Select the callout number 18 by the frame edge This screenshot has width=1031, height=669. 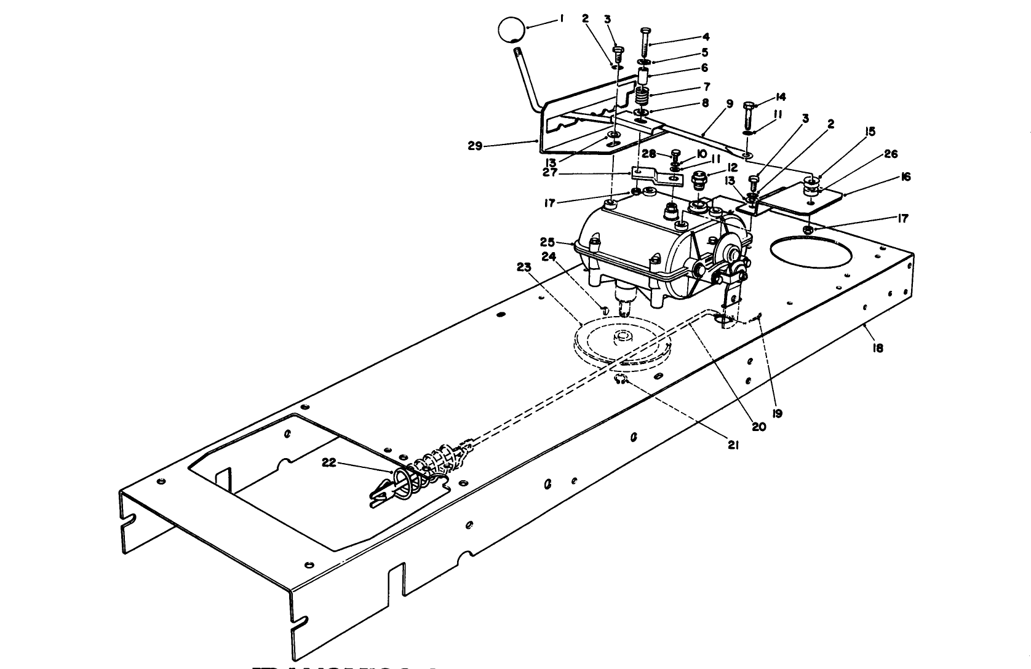pyautogui.click(x=878, y=348)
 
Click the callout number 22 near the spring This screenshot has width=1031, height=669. pyautogui.click(x=330, y=462)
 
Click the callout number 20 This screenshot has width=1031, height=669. pyautogui.click(x=759, y=426)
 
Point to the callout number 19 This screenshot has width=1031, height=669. pyautogui.click(x=777, y=413)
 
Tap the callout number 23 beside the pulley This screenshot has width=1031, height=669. pyautogui.click(x=523, y=267)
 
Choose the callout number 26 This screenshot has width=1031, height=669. pyautogui.click(x=891, y=154)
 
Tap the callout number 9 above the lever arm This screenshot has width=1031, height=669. pyautogui.click(x=730, y=104)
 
